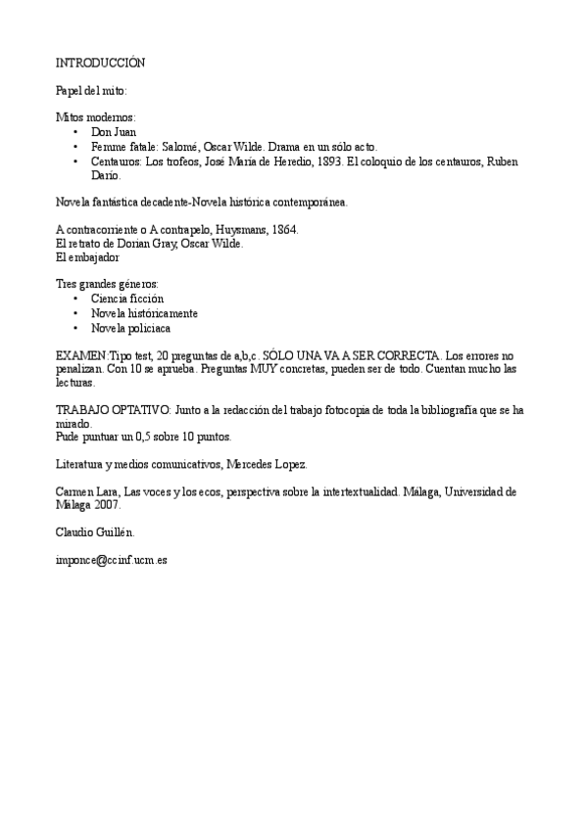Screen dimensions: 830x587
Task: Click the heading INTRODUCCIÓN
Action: (x=100, y=63)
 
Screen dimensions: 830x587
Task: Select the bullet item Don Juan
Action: (x=114, y=131)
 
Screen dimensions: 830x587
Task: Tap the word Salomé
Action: (x=185, y=146)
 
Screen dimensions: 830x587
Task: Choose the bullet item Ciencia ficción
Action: (x=127, y=299)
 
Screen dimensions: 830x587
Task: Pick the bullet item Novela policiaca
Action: (x=130, y=328)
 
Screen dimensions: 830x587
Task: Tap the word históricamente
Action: (x=161, y=313)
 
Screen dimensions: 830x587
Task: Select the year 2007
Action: (x=106, y=506)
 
